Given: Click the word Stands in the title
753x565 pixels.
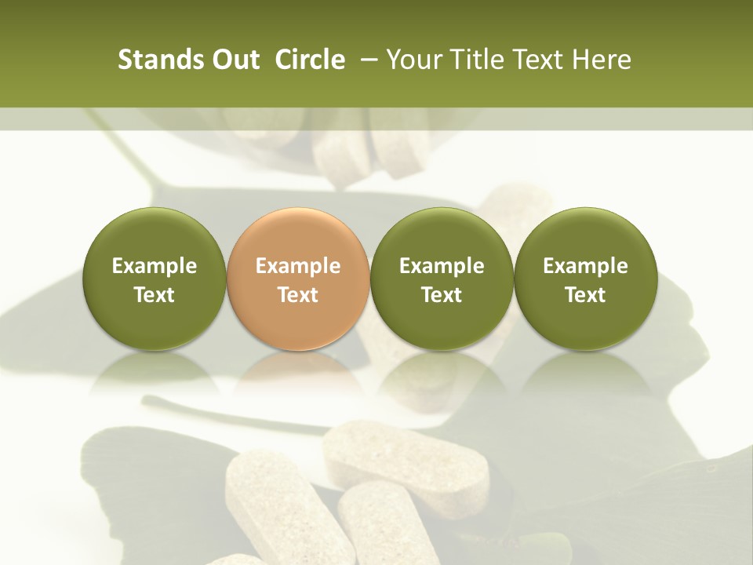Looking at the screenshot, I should coord(159,60).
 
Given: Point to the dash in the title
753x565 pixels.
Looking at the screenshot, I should coord(372,60).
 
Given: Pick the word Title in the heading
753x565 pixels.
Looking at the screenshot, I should coord(475,60).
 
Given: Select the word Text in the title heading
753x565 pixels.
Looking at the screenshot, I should coord(537,60).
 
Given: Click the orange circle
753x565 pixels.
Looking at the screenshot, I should coord(298,279).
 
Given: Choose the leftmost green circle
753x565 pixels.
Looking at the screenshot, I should coord(155,279).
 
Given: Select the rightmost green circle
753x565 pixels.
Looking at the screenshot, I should coord(585,279).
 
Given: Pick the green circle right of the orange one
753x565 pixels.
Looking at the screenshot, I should coord(442,279).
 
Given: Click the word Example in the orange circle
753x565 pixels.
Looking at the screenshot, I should coord(298,266).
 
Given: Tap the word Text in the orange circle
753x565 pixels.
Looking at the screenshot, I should coord(298,295).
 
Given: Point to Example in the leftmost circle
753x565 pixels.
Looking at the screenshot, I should coord(155,266).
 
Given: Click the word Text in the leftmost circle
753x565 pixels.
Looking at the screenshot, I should coord(155,295).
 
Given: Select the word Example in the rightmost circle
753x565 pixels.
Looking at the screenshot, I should coord(585,266).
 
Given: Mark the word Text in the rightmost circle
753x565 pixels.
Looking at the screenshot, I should coord(585,295).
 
